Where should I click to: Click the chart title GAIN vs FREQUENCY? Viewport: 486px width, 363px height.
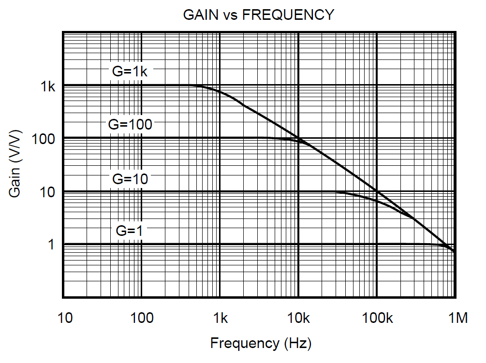258,15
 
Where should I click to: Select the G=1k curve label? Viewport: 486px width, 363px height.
130,71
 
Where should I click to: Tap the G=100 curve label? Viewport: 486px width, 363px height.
130,124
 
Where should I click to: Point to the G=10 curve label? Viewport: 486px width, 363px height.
130,178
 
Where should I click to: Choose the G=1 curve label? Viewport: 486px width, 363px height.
130,231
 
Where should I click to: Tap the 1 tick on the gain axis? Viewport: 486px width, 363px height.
51,245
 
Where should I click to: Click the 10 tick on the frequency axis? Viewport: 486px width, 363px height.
65,319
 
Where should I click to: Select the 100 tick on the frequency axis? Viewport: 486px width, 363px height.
142,319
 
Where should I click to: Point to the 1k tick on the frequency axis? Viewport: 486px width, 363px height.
220,319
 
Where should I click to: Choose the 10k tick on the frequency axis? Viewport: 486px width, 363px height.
298,319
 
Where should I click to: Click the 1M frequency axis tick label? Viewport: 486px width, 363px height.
457,319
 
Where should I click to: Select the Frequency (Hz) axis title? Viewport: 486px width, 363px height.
261,344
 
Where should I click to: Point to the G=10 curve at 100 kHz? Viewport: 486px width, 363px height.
377,200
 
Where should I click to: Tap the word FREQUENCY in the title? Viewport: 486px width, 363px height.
288,15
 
